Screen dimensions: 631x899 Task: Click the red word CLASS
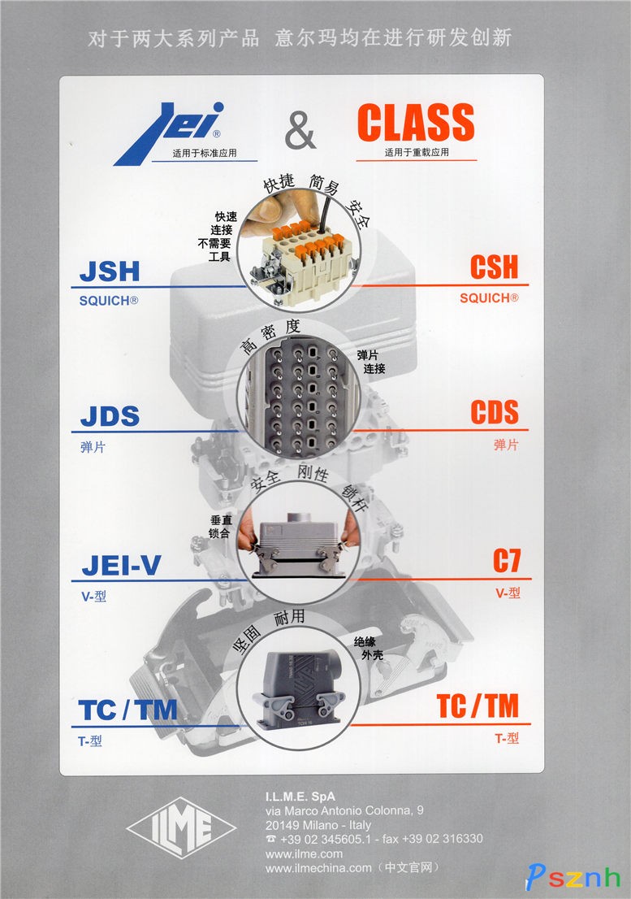417,122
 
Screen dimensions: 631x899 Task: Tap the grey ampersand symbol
300,130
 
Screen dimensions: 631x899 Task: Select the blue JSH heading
110,271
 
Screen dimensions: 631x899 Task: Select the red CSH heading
494,267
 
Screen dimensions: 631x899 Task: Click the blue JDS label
110,416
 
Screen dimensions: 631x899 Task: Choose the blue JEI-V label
121,565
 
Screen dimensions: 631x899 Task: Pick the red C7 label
507,561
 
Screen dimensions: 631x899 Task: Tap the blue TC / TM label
127,710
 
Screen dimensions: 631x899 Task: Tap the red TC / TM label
478,706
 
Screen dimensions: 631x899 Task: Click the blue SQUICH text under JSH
109,301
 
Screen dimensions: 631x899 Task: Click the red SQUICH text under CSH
489,298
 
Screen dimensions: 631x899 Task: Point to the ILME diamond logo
181,827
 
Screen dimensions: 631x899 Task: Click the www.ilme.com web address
304,853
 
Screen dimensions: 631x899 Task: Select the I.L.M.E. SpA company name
300,797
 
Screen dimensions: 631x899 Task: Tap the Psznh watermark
573,877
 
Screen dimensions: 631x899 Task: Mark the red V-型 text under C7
508,593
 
